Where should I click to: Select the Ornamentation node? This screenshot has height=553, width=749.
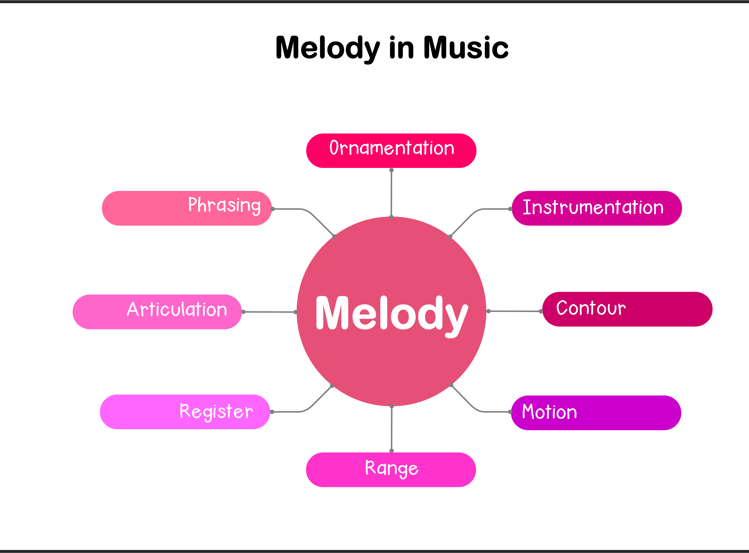[391, 151]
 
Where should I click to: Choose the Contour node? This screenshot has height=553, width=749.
[627, 309]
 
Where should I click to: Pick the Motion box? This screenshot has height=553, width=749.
[596, 412]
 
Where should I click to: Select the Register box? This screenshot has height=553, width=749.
[185, 412]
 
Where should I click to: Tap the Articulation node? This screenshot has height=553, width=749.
[157, 312]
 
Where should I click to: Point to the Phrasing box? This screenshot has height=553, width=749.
[187, 208]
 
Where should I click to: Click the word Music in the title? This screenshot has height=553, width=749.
[466, 48]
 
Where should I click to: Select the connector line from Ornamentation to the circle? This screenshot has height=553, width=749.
[391, 194]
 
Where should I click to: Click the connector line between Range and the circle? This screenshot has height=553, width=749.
[391, 428]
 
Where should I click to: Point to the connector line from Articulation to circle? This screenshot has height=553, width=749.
[269, 312]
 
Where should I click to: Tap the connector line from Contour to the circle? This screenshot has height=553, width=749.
[514, 311]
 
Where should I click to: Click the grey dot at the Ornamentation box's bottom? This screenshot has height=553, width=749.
[391, 170]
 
